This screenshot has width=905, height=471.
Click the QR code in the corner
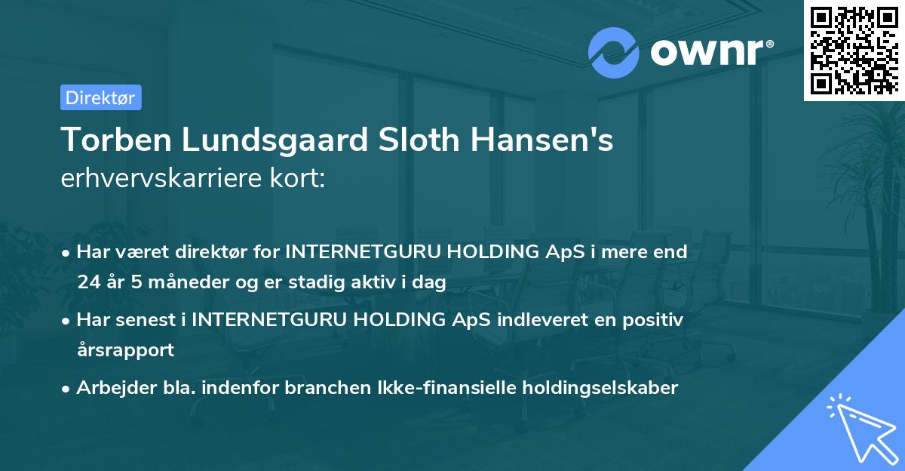click(x=854, y=51)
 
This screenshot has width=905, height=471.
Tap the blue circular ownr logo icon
click(x=614, y=53)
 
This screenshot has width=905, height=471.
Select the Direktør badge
click(x=100, y=97)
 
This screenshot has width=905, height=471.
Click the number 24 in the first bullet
click(x=87, y=282)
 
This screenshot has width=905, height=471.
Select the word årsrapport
click(x=125, y=350)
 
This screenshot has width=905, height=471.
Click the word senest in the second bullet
click(x=151, y=320)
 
